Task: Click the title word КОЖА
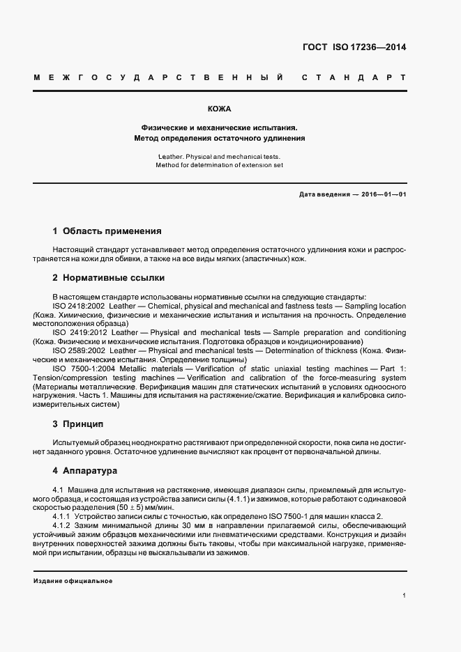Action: coord(220,109)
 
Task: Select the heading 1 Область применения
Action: coord(107,231)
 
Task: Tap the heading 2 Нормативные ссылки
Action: coord(109,278)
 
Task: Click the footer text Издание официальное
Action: coord(73,580)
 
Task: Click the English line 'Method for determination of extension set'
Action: coord(220,165)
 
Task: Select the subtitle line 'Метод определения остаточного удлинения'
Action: coord(220,138)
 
